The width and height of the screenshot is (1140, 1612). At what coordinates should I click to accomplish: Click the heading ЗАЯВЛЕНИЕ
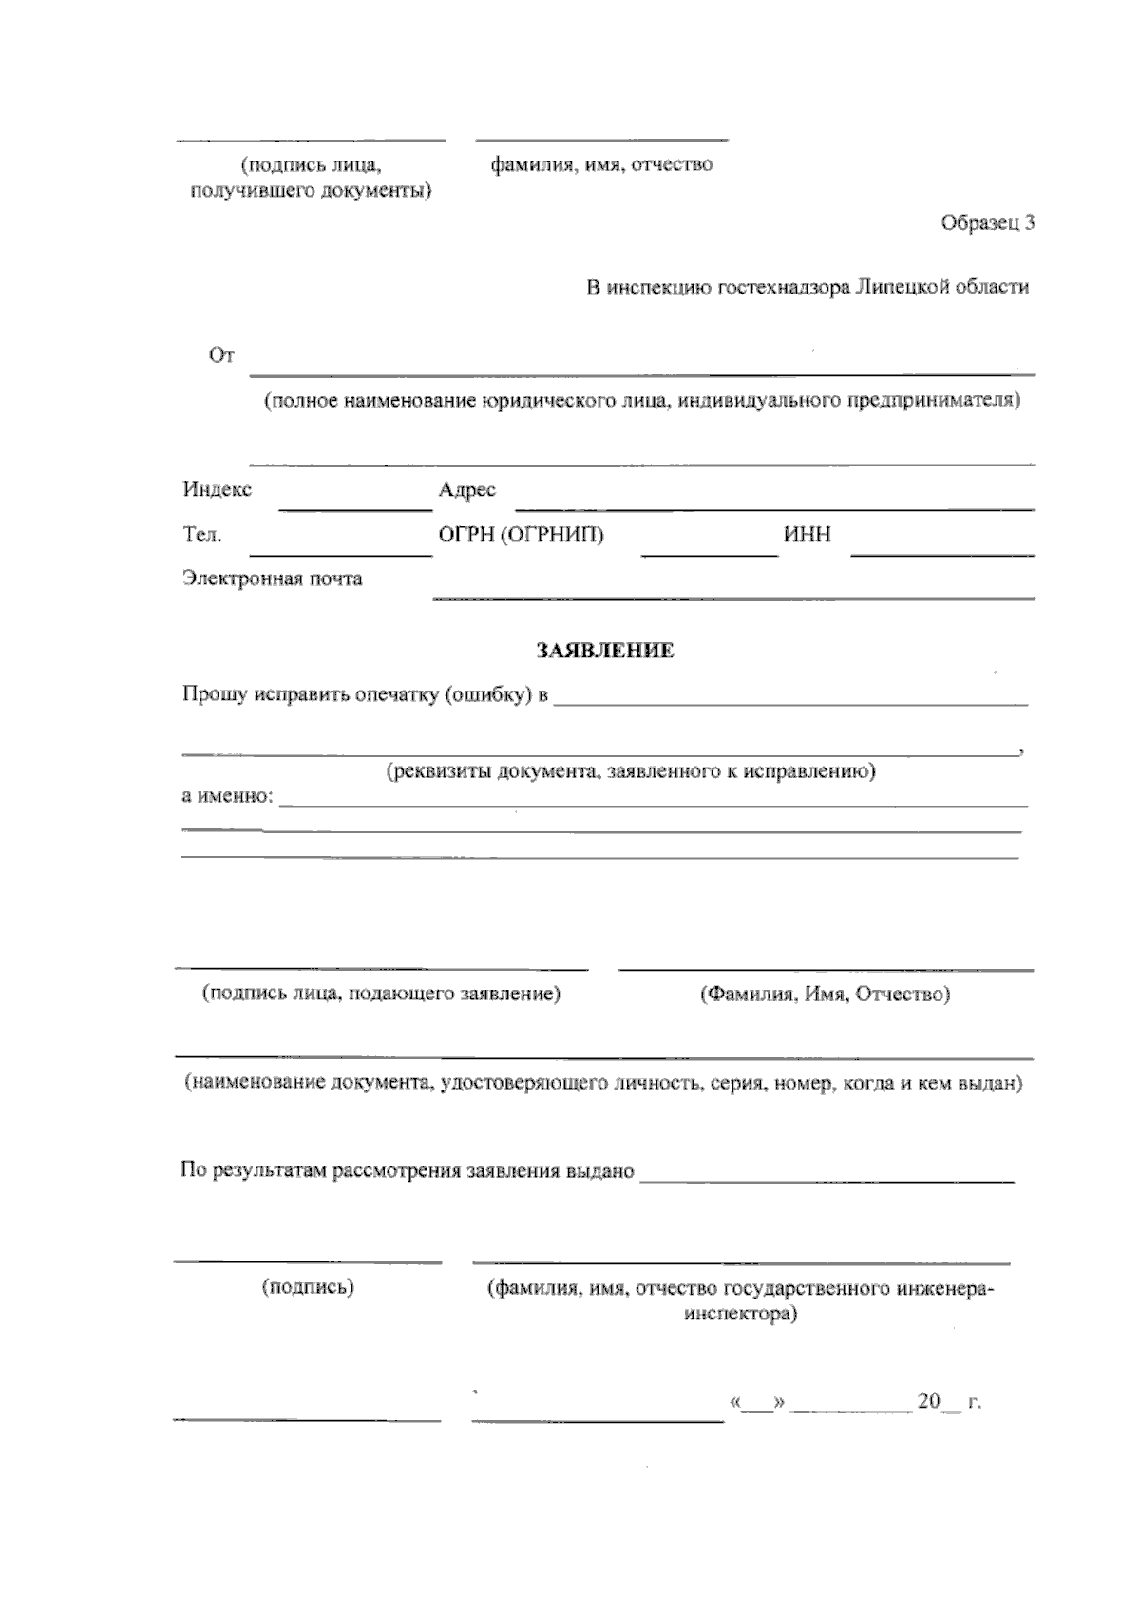coord(605,651)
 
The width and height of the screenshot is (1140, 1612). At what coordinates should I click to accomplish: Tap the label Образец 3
coord(987,223)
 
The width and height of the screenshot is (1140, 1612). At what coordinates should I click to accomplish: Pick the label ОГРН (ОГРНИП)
coord(521,535)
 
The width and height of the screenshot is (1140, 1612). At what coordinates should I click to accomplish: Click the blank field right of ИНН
coord(942,548)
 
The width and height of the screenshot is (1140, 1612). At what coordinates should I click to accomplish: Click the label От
coord(221,355)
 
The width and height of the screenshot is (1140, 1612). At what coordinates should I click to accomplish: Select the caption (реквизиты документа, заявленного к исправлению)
coord(631,770)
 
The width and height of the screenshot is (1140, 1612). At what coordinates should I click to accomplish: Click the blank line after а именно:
coord(654,801)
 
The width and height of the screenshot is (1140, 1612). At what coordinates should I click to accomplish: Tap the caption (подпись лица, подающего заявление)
coord(381,994)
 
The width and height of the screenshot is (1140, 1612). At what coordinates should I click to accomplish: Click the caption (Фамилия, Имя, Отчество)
coord(825,995)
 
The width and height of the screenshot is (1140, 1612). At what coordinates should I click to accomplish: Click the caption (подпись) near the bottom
coord(308,1287)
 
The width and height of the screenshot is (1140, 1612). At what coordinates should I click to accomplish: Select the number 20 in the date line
coord(928,1401)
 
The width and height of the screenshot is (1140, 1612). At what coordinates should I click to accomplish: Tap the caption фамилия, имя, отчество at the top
coord(601,164)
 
